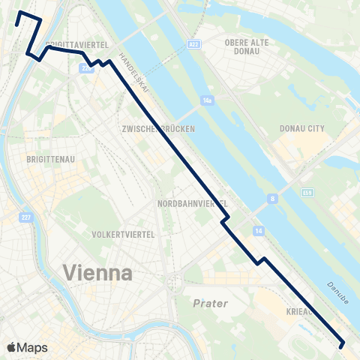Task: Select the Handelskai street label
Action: tap(134, 77)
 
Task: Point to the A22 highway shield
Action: tap(194, 44)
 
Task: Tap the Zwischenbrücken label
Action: tap(158, 129)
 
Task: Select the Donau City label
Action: tap(302, 129)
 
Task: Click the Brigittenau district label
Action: tap(49, 160)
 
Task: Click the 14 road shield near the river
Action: tap(258, 229)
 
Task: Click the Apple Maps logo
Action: tap(27, 347)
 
